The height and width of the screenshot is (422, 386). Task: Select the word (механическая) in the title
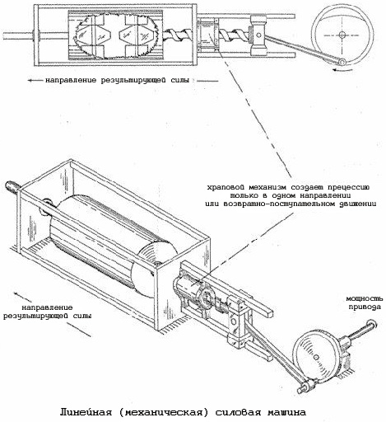click(169, 410)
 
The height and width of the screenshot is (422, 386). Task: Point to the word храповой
click(228, 187)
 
